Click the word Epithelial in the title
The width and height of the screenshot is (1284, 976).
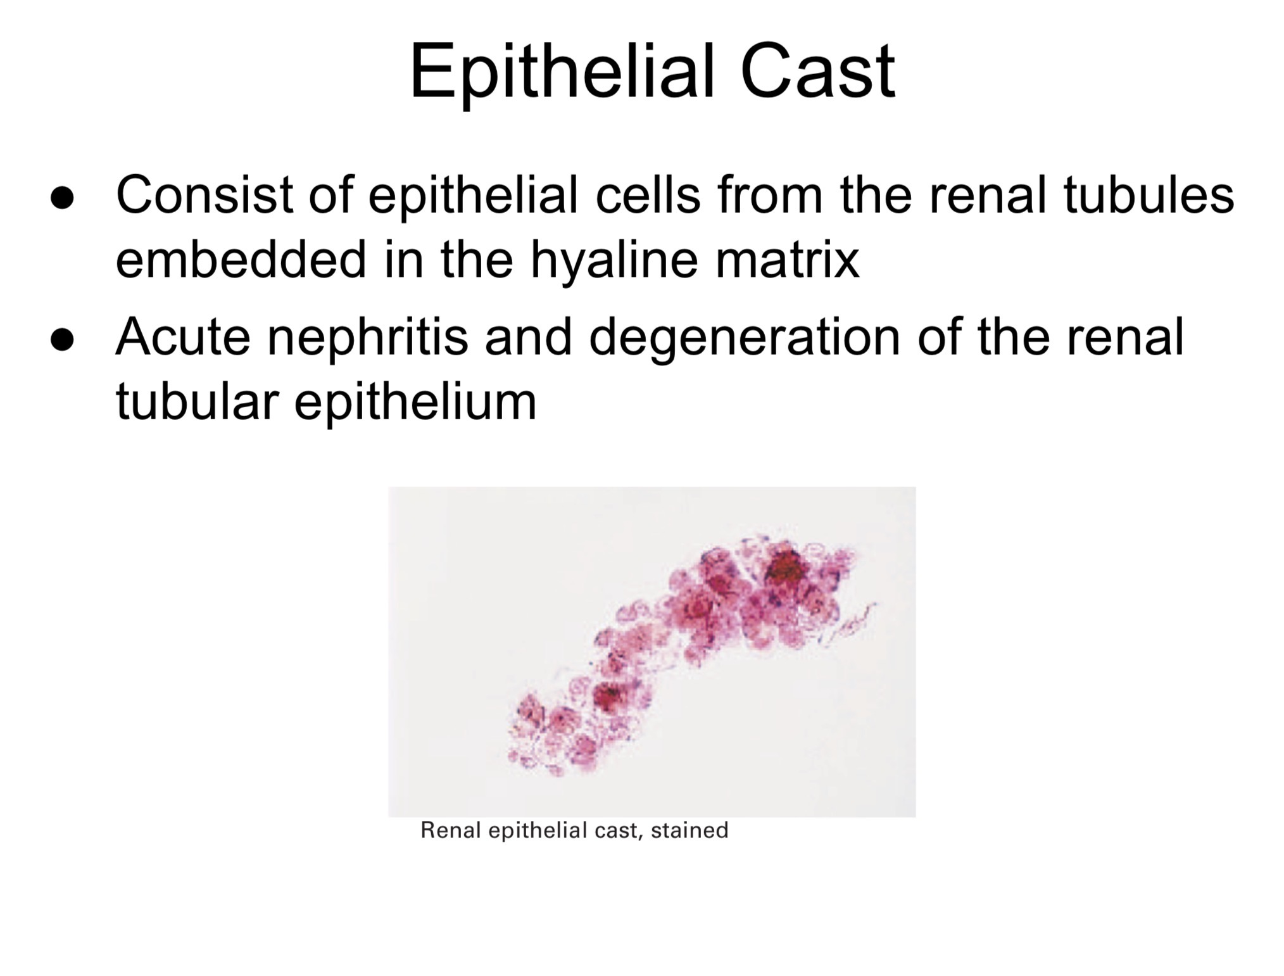562,71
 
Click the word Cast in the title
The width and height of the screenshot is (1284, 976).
817,71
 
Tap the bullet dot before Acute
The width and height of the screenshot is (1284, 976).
63,339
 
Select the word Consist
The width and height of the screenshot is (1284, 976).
204,194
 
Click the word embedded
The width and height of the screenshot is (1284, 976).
241,259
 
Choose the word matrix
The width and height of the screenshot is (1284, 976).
788,259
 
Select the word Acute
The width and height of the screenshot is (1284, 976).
183,336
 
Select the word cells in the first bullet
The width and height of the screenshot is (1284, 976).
648,194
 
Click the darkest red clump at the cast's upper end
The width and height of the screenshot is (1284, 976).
787,567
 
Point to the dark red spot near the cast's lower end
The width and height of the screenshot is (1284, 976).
609,697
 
